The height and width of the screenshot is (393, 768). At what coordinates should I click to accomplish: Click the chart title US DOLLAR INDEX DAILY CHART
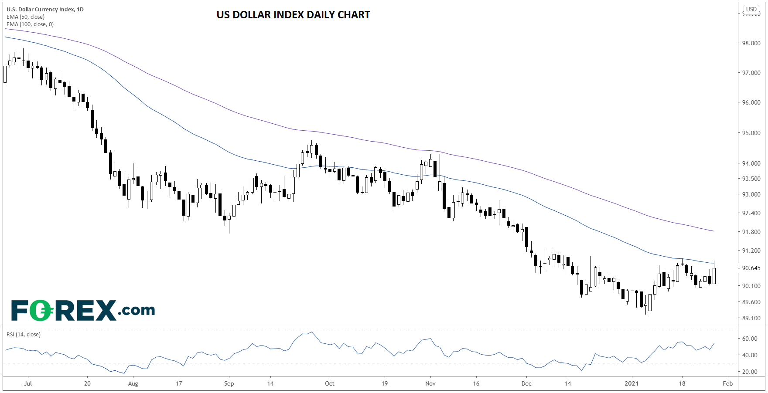293,15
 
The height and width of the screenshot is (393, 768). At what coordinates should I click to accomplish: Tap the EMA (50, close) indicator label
25,17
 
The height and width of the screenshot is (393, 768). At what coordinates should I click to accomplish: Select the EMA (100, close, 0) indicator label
30,24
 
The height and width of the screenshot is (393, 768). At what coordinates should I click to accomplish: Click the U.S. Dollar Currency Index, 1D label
45,9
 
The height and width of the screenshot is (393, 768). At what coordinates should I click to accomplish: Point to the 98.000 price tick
751,43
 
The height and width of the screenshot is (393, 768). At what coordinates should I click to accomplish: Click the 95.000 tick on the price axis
751,133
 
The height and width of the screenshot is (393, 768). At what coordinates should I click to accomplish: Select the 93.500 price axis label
751,179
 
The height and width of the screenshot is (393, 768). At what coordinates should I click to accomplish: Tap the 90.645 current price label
751,268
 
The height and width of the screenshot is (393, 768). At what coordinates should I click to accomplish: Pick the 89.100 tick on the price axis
751,318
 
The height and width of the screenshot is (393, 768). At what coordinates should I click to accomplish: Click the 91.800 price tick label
751,232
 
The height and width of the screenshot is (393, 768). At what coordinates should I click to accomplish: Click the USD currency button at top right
751,9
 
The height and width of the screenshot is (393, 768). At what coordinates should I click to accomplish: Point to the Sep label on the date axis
229,383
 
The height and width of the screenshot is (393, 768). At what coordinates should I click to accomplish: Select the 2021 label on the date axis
631,383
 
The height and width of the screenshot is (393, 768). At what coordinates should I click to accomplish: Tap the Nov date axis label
430,383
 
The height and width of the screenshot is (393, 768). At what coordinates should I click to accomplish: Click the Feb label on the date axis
727,383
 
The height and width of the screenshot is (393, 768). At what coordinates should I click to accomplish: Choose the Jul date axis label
28,383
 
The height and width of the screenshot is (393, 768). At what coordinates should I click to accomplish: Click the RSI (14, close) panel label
23,335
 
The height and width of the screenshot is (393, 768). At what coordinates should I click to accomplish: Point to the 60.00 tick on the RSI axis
750,339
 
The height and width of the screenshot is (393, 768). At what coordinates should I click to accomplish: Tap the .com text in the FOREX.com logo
136,310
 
